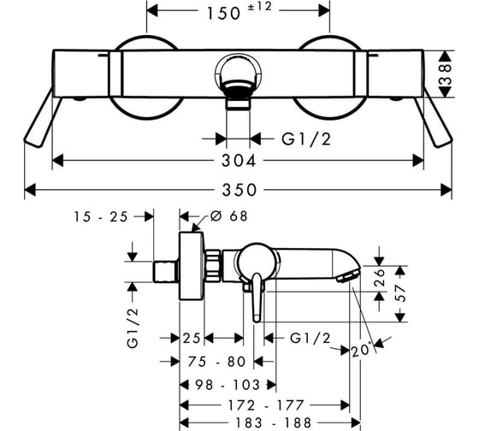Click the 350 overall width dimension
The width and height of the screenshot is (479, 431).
239,190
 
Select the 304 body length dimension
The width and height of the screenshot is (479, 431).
239,161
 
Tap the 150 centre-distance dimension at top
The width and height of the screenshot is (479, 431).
223,14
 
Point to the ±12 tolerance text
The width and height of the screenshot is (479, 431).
259,7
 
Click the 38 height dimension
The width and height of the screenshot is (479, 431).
446,74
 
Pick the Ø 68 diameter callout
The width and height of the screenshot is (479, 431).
229,216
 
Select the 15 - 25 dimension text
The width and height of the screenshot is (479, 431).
101,217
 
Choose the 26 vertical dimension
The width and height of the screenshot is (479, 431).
380,277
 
